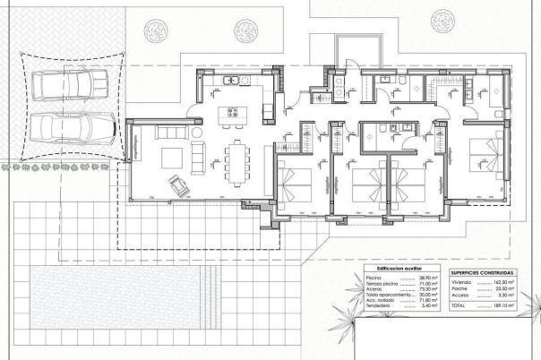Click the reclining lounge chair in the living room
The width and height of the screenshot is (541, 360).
pyautogui.click(x=179, y=185)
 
